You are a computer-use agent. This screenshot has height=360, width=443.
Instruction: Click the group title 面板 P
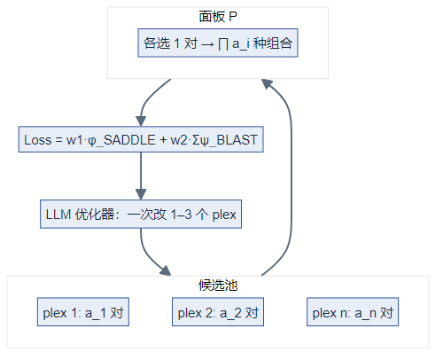coord(218,17)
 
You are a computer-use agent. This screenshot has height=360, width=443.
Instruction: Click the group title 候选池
coord(218,286)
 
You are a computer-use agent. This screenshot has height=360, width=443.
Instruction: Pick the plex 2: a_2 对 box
coord(218,312)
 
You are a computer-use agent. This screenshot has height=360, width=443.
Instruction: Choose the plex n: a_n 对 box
coord(352,312)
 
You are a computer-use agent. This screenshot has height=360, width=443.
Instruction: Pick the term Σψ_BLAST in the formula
coord(221,141)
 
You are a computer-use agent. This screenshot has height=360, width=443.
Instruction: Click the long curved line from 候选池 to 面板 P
coord(291,177)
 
